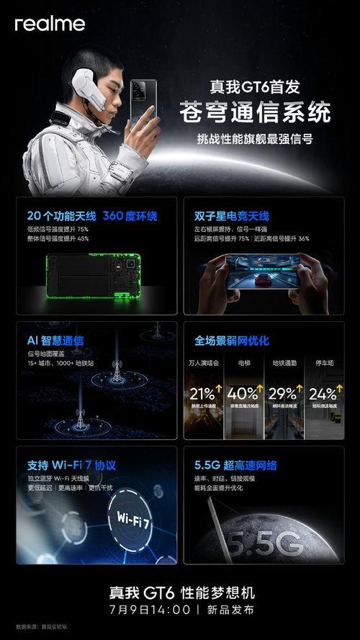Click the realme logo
coord(50,24)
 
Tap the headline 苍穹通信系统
coord(255,113)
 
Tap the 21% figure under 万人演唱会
coord(203,394)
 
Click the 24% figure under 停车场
coord(323,394)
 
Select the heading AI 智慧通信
coord(55,340)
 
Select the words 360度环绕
coord(130,216)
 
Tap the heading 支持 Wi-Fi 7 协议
coord(69,465)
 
